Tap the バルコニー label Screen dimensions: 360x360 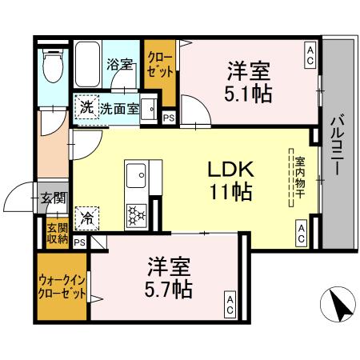338,147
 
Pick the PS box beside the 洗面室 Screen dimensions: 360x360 167,118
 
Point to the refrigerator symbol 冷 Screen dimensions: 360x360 85,215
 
